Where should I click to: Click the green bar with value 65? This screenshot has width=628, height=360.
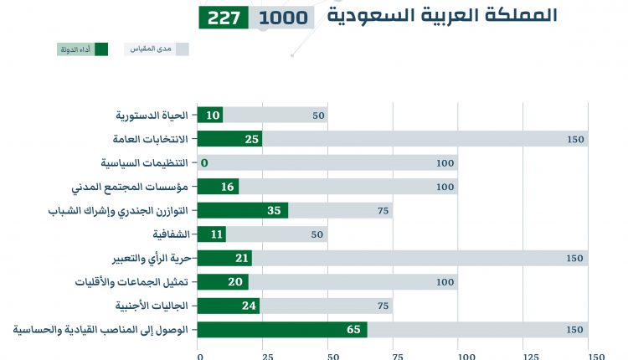[x=282, y=330]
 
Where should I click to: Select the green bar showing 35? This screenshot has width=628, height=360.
[x=243, y=210]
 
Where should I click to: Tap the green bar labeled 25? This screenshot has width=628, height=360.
[x=229, y=139]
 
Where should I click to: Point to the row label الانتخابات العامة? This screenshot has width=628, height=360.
[x=149, y=139]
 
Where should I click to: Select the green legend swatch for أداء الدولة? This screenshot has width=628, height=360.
[x=101, y=49]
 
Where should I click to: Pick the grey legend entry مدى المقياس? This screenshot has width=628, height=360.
[x=157, y=49]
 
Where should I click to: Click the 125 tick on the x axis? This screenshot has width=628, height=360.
[x=524, y=356]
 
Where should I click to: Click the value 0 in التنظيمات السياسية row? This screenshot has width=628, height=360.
[x=204, y=162]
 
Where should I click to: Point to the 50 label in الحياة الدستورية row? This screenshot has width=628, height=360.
[x=318, y=116]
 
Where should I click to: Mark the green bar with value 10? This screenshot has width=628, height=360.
[x=210, y=116]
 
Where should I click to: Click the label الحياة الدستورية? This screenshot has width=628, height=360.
[x=151, y=116]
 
